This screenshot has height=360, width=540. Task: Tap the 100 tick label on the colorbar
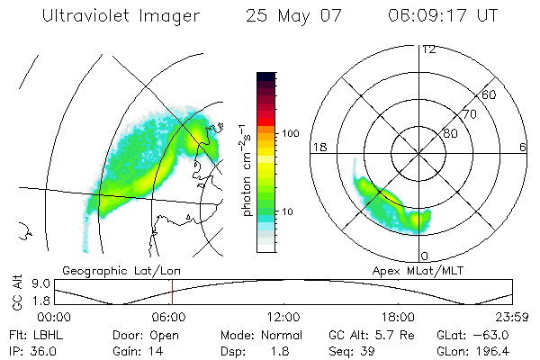290,133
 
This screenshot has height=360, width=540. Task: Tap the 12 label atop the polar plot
428,49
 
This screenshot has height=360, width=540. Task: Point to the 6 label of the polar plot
523,147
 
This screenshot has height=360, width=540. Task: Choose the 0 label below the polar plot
425,256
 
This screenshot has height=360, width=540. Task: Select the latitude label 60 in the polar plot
489,94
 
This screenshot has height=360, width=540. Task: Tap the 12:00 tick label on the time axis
283,317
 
